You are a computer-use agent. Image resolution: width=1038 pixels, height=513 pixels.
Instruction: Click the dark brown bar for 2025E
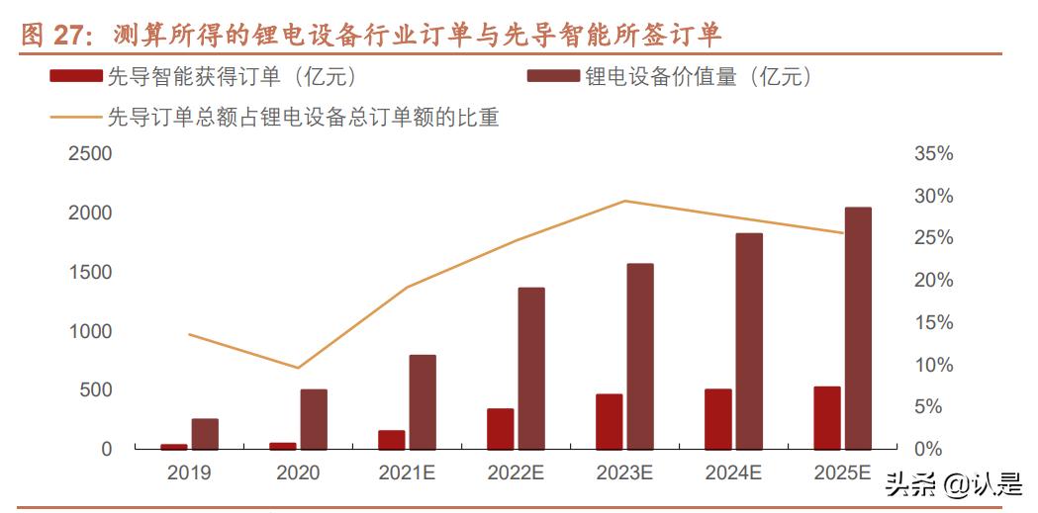pyautogui.click(x=858, y=328)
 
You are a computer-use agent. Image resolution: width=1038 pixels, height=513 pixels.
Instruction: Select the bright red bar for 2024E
pyautogui.click(x=718, y=419)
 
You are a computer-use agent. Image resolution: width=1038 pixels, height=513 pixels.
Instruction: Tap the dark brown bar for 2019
pyautogui.click(x=205, y=434)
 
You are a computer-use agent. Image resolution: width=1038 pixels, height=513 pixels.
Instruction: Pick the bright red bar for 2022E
pyautogui.click(x=501, y=429)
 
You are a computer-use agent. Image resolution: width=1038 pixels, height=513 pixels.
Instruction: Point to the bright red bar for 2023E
pyautogui.click(x=610, y=422)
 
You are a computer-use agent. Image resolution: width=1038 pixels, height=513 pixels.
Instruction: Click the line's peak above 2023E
pyautogui.click(x=624, y=201)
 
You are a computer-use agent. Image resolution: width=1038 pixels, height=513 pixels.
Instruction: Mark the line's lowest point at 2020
pyautogui.click(x=298, y=368)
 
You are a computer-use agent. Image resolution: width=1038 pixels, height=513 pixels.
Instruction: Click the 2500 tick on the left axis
pyautogui.click(x=90, y=154)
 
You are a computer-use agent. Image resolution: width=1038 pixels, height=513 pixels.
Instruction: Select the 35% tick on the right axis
pyautogui.click(x=933, y=154)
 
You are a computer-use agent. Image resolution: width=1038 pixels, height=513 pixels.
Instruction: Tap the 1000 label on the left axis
pyautogui.click(x=90, y=331)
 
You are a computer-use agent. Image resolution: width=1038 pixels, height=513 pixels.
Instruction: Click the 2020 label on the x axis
pyautogui.click(x=298, y=473)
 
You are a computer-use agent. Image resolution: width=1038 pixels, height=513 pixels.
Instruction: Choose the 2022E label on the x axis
pyautogui.click(x=516, y=473)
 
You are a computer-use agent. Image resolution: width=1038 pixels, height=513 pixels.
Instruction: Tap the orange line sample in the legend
pyautogui.click(x=75, y=118)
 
